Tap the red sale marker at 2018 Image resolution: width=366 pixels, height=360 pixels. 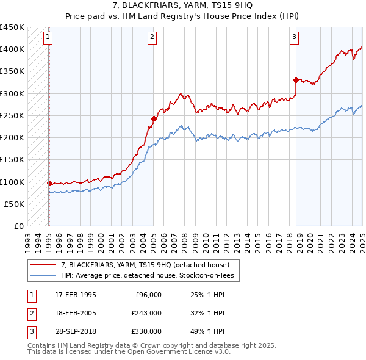coord(296,80)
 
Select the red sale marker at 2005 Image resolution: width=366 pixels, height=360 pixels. coord(154,118)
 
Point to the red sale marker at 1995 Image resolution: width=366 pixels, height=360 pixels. coord(49,183)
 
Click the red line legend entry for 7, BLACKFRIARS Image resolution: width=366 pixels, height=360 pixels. coord(145,265)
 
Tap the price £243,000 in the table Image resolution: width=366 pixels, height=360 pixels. coord(146,313)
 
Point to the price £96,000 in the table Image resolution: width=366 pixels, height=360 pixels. coord(148,295)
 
